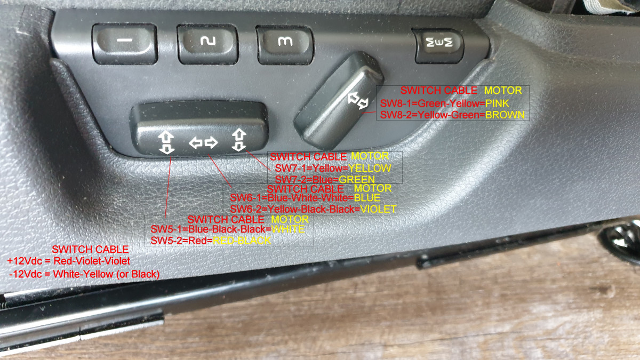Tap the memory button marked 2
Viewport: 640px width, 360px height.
coord(207,44)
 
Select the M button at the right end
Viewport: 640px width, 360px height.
coord(439,45)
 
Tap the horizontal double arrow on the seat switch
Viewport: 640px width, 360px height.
coord(203,142)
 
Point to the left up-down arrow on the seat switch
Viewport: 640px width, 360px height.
coord(166,142)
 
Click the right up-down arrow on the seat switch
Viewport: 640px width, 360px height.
coord(239,140)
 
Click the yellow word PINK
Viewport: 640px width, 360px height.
coord(497,103)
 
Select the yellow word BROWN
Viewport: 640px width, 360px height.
coord(505,115)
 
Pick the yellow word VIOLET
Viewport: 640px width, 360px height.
coord(378,209)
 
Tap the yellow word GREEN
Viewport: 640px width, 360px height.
coord(357,179)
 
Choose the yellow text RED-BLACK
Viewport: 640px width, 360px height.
coord(242,241)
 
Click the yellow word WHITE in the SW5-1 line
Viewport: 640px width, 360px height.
coord(288,229)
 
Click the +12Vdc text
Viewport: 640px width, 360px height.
coord(25,261)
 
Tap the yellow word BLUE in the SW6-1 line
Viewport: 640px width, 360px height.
coord(367,198)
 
